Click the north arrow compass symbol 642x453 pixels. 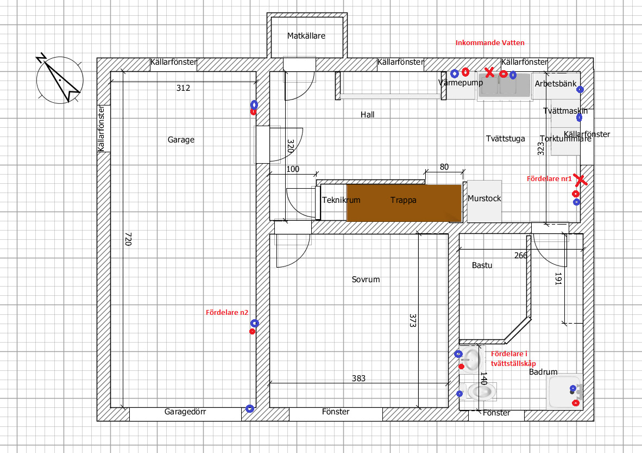pyautogui.click(x=59, y=80)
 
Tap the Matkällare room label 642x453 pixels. pyautogui.click(x=306, y=36)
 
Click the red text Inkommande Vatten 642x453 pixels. pyautogui.click(x=490, y=42)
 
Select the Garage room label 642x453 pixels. pyautogui.click(x=181, y=140)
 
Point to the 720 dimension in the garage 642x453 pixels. pyautogui.click(x=128, y=239)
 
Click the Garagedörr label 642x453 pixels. pyautogui.click(x=185, y=412)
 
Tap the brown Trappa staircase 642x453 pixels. pyautogui.click(x=404, y=202)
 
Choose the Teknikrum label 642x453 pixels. pyautogui.click(x=341, y=200)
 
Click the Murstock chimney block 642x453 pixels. pyautogui.click(x=484, y=199)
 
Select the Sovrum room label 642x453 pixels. pyautogui.click(x=366, y=280)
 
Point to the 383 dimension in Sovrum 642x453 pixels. pyautogui.click(x=358, y=378)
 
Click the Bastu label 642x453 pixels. pyautogui.click(x=482, y=265)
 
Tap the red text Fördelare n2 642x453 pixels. pyautogui.click(x=227, y=313)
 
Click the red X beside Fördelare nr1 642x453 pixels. pyautogui.click(x=580, y=179)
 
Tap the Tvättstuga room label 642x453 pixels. pyautogui.click(x=505, y=139)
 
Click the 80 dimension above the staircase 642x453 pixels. pyautogui.click(x=444, y=167)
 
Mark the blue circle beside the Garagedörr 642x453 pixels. pyautogui.click(x=249, y=408)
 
